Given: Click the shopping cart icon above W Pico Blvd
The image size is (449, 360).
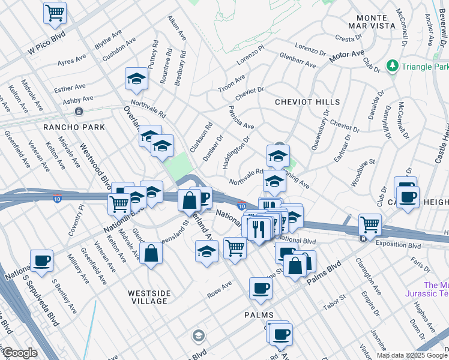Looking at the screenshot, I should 55,13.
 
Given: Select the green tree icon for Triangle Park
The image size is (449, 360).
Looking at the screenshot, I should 393,64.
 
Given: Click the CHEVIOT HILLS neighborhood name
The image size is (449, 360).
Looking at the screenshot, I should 307,103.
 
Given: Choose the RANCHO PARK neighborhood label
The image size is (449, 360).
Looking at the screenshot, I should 74,127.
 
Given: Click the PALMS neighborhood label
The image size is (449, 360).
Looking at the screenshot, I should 259,315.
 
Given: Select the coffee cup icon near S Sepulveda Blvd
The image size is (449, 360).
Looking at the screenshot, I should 41,260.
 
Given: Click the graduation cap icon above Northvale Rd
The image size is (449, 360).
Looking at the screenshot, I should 136,79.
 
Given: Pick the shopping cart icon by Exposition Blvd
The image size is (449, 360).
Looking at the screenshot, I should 370,225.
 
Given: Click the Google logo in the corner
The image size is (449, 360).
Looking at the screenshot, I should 19,353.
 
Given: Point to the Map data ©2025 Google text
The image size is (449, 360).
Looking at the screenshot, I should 411,355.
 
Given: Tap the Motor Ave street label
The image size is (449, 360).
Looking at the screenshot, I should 347,58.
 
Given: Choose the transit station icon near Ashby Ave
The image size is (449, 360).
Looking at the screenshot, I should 79,112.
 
